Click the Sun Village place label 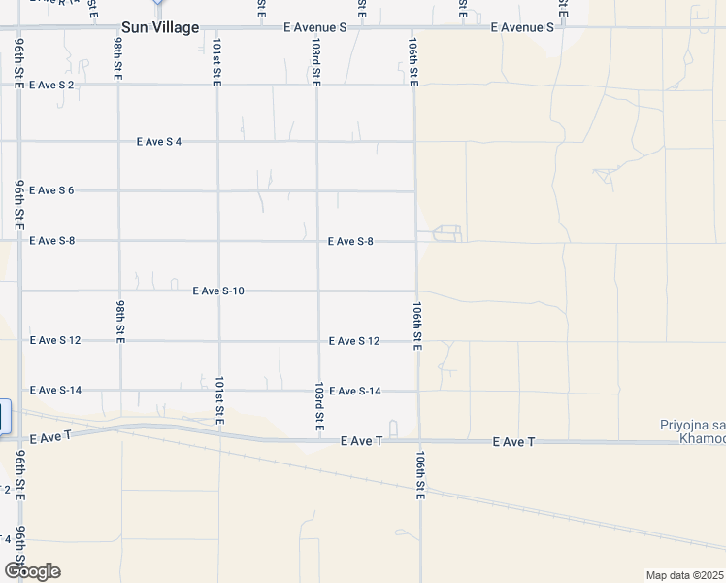click(159, 28)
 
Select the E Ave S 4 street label click(159, 142)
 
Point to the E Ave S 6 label click(51, 190)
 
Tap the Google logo click(32, 571)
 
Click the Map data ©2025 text click(685, 575)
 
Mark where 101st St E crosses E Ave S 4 click(218, 142)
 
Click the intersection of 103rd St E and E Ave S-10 click(317, 291)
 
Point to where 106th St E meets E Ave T click(419, 441)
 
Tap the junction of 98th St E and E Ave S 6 click(119, 191)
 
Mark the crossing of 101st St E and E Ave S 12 click(218, 341)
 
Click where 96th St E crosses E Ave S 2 click(19, 86)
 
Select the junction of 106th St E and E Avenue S click(414, 28)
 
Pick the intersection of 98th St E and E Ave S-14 click(120, 391)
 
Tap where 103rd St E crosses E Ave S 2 click(316, 86)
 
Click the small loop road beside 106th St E click(447, 233)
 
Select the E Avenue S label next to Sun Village click(314, 28)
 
